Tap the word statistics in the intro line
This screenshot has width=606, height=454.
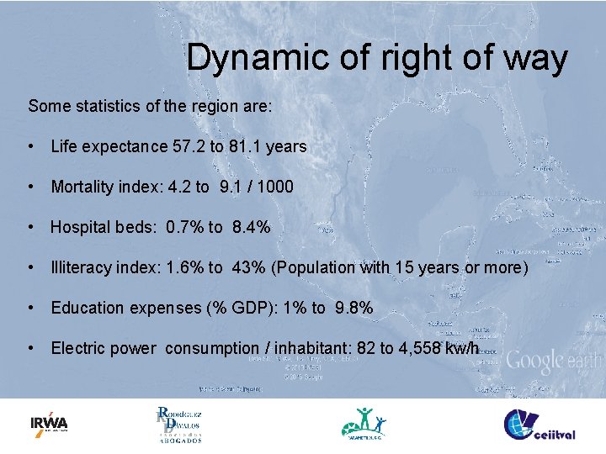(x=109, y=107)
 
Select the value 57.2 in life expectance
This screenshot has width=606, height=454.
(x=189, y=147)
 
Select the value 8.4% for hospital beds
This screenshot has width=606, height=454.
(x=248, y=228)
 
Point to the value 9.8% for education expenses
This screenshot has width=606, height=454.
(x=353, y=309)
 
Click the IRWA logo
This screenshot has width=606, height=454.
(x=49, y=423)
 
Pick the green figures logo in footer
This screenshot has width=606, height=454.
(x=364, y=424)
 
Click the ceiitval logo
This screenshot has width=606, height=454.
(x=540, y=424)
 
